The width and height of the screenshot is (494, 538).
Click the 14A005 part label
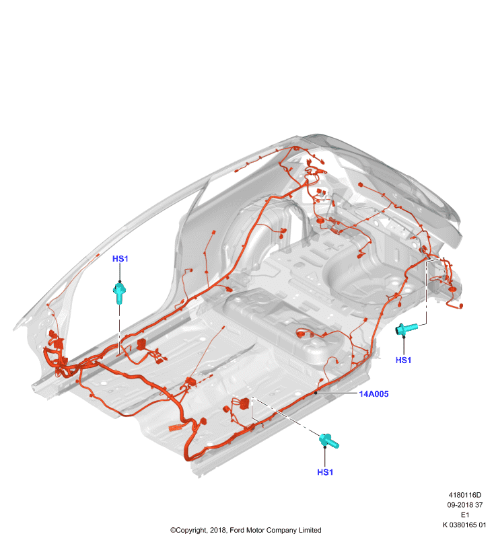click(374, 394)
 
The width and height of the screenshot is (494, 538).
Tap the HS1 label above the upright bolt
click(120, 259)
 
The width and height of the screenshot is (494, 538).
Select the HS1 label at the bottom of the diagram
click(325, 472)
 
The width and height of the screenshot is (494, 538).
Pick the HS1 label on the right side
click(403, 360)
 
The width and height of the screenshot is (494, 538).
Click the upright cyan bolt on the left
click(119, 293)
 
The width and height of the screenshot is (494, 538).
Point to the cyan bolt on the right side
click(407, 329)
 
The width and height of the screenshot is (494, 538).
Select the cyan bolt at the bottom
click(329, 441)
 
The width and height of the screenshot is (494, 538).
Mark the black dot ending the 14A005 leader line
click(316, 393)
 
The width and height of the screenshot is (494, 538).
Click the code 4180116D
click(465, 495)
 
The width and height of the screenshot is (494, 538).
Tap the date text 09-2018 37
click(465, 505)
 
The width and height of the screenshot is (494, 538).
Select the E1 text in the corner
click(465, 515)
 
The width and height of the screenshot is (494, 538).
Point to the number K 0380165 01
click(464, 525)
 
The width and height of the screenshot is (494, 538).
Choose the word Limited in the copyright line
click(310, 530)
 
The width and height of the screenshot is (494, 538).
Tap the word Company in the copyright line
click(281, 531)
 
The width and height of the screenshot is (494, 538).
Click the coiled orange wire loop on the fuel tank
click(303, 333)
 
